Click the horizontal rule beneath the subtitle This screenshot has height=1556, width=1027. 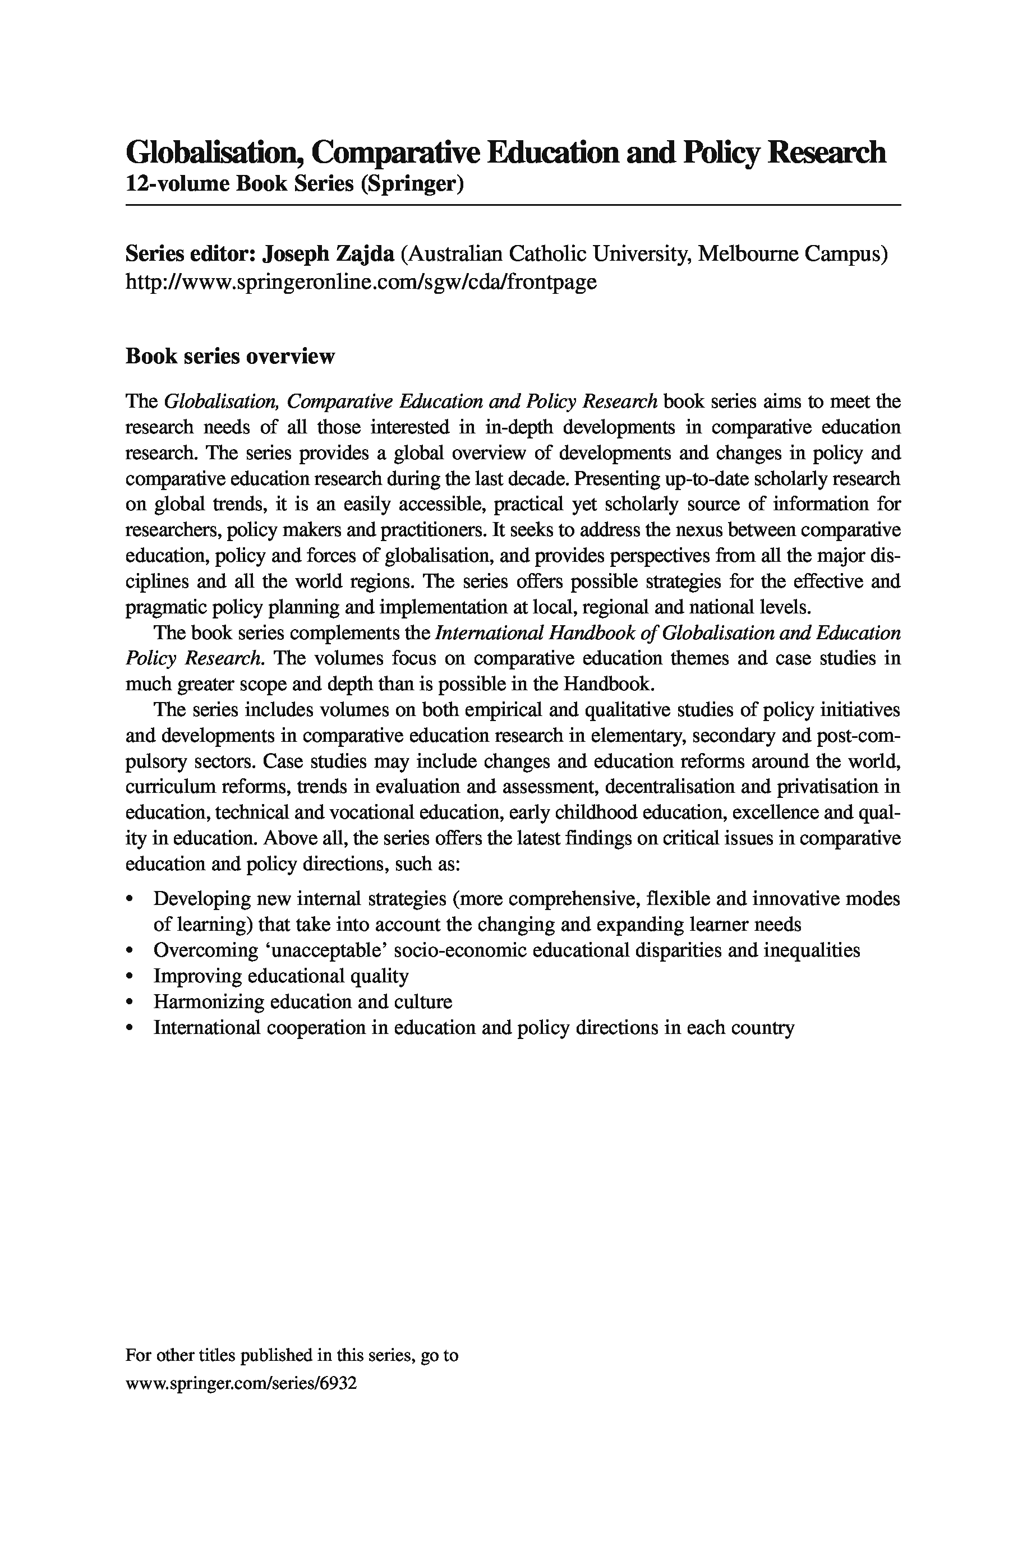tap(513, 205)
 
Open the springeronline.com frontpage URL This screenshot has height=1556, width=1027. tap(361, 281)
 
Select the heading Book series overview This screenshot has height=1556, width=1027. tap(230, 356)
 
